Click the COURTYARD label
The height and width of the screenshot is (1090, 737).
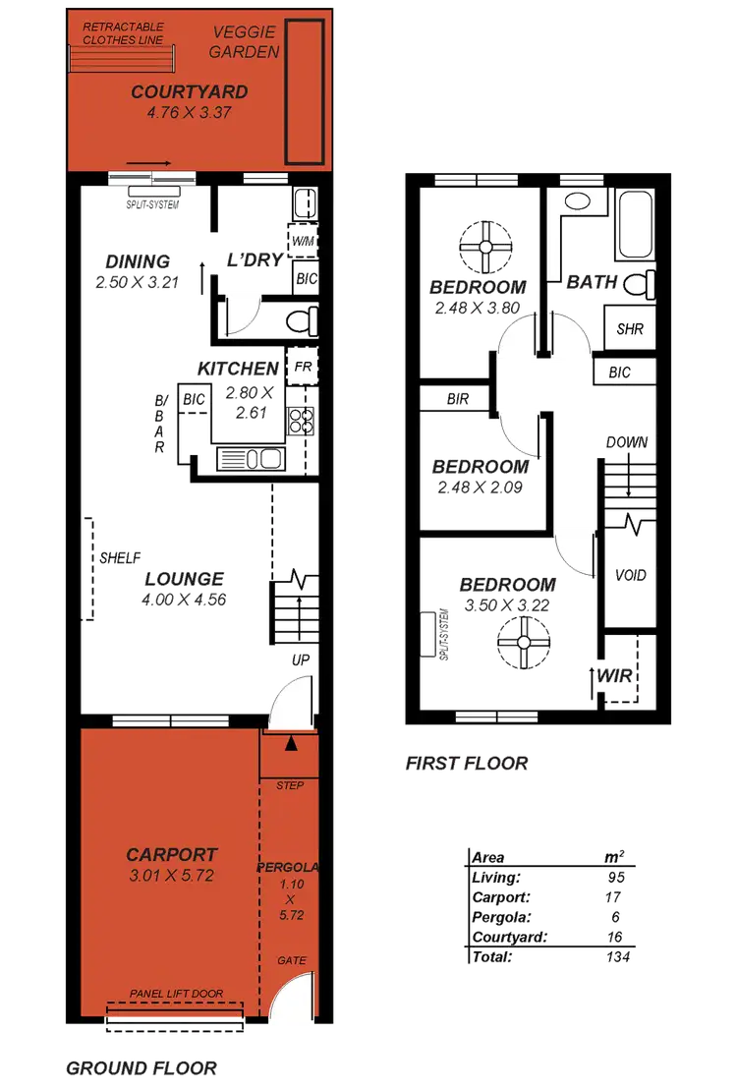(x=190, y=92)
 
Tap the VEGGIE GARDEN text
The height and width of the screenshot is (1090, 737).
(x=246, y=42)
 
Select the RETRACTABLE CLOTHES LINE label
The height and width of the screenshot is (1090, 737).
(x=123, y=33)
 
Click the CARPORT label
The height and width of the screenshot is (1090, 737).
(x=171, y=855)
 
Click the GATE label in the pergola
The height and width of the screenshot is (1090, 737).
(x=291, y=960)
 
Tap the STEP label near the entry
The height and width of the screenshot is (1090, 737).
(x=291, y=785)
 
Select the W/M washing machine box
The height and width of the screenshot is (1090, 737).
(x=301, y=239)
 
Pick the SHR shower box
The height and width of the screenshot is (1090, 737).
(x=629, y=328)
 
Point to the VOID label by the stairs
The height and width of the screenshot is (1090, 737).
(x=629, y=574)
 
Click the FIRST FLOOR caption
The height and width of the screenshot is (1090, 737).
(x=466, y=764)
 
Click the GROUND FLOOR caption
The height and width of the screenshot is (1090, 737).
(x=142, y=1068)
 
